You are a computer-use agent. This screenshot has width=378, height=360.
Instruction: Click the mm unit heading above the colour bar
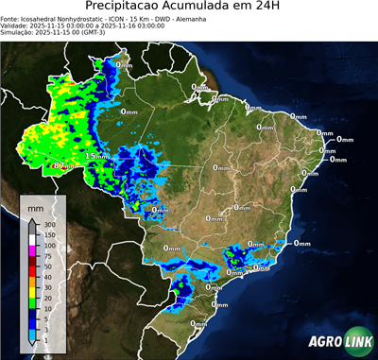pos(36,205)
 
